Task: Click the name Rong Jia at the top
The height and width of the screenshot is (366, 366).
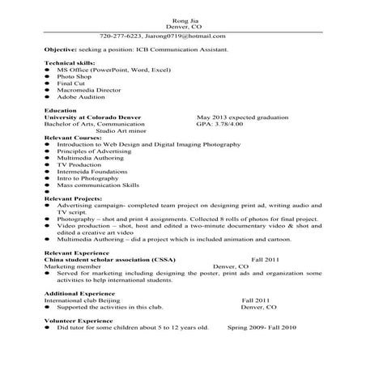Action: click(x=184, y=19)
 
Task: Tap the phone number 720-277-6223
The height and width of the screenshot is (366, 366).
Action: click(x=121, y=36)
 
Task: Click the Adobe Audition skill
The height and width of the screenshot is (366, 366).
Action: click(x=82, y=96)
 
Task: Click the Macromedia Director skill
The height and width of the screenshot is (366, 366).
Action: click(x=87, y=90)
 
